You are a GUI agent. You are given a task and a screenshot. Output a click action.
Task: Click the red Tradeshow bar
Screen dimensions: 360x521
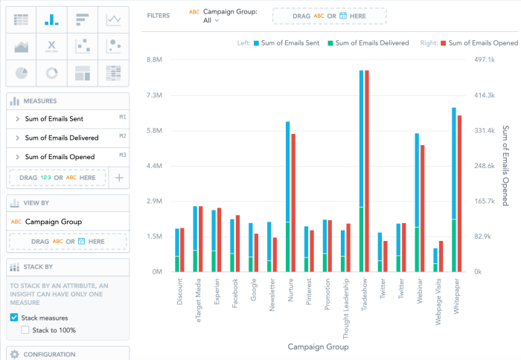[367, 171]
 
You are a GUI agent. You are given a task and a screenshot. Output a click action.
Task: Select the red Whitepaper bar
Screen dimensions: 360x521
[459, 193]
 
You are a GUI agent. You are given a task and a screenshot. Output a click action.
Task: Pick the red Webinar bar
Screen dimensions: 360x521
[423, 208]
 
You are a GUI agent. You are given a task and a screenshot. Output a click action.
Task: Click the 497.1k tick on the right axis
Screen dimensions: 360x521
[485, 60]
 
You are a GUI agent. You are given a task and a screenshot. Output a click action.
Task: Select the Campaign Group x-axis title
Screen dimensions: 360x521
[318, 347]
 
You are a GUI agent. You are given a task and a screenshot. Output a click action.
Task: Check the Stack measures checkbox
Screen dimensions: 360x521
[14, 318]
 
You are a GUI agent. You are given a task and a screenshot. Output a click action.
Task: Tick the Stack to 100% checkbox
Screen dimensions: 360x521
[26, 330]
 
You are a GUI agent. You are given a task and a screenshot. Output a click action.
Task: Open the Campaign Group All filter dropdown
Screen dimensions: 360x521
[212, 21]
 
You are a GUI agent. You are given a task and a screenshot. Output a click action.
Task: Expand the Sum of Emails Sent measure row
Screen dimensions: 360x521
[17, 119]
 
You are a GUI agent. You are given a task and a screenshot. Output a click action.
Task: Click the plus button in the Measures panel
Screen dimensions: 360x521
[119, 178]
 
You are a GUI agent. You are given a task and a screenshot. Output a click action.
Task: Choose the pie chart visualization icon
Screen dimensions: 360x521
[22, 72]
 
